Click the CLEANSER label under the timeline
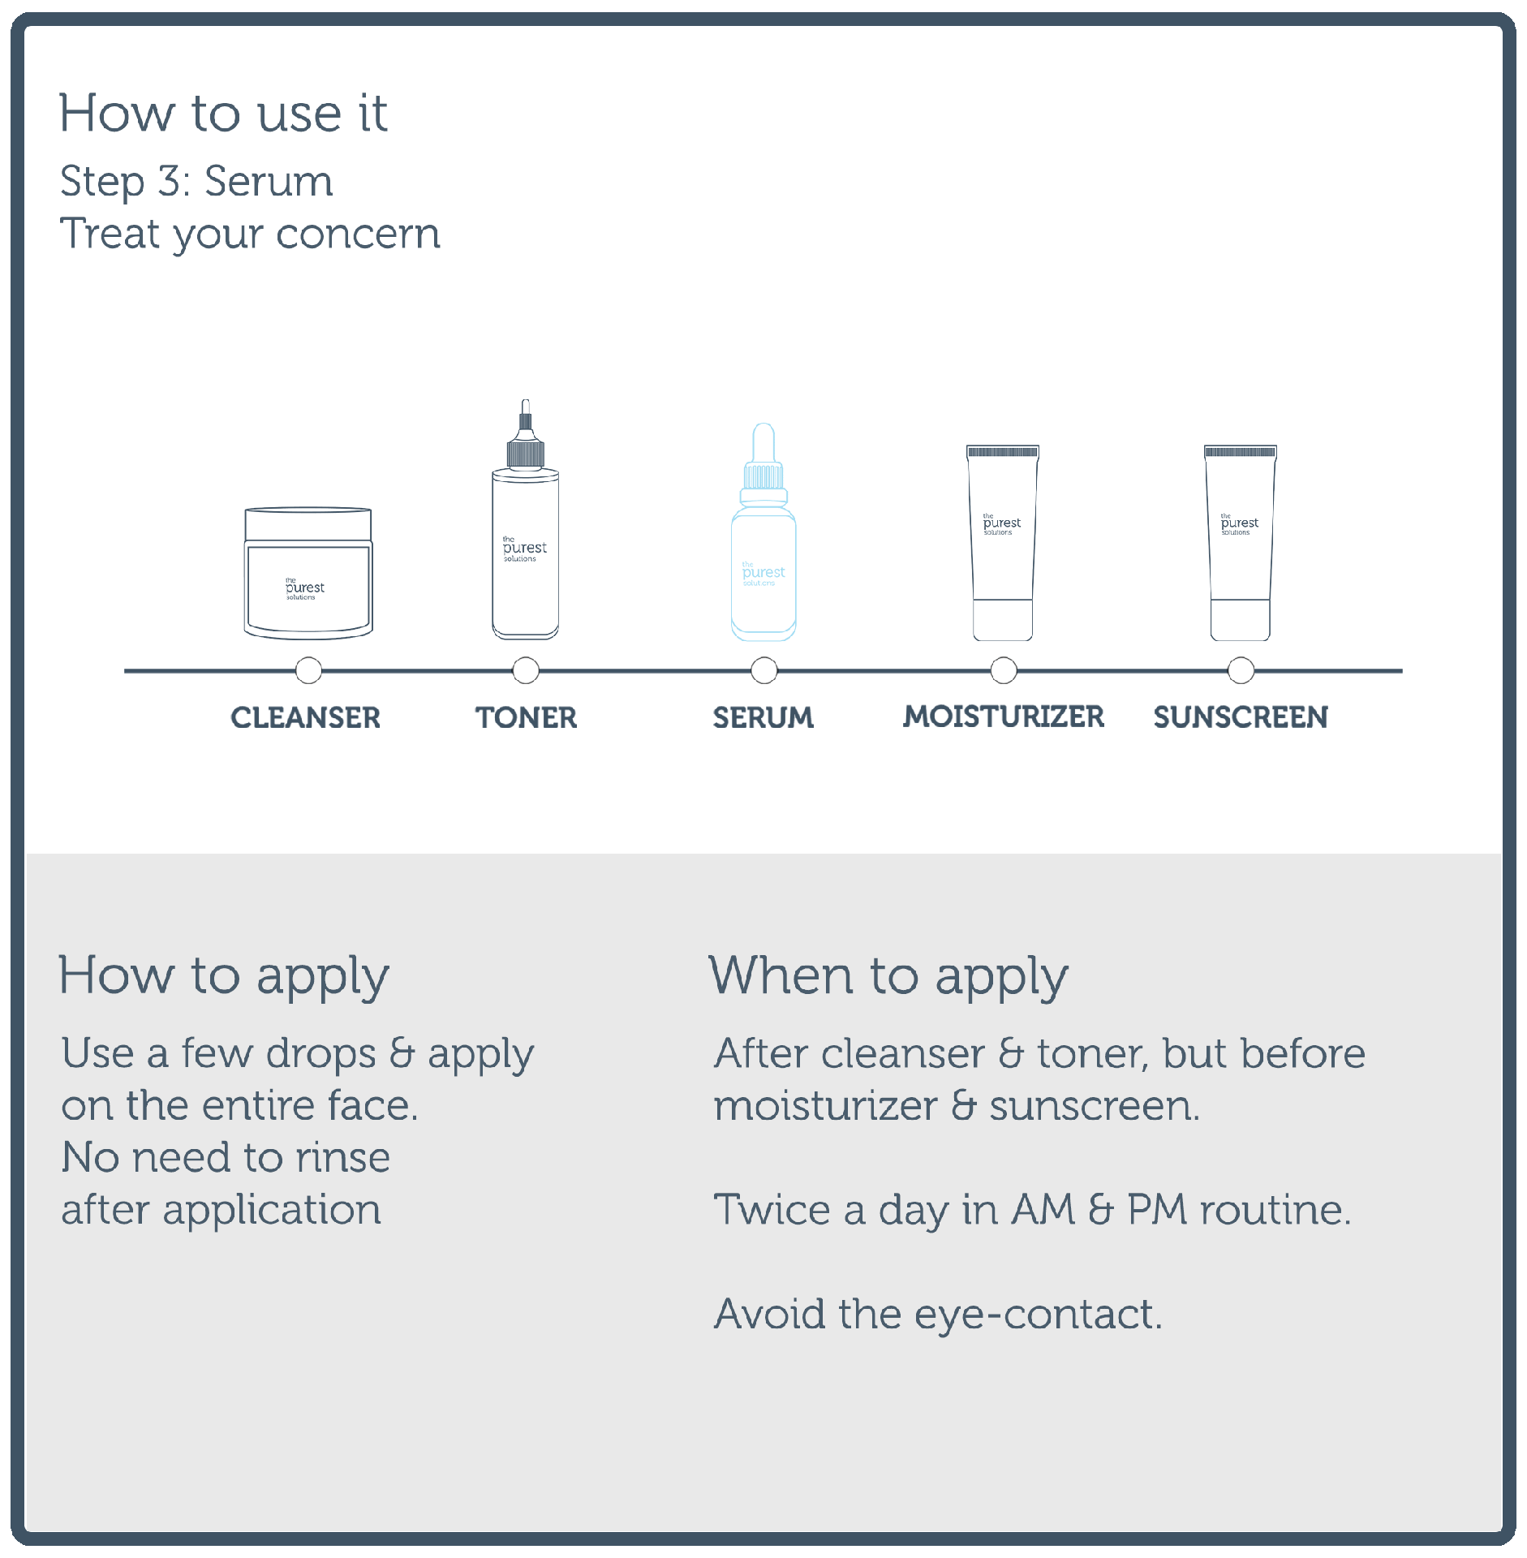tap(305, 717)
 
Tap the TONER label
tap(526, 717)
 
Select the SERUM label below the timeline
tap(763, 717)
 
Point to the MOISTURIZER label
tap(1004, 717)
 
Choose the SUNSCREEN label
tap(1241, 717)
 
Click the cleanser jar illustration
tap(308, 573)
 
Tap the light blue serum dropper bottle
tap(763, 532)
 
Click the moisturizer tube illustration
tap(1003, 542)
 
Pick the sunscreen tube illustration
tap(1241, 542)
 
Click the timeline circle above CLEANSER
tap(308, 670)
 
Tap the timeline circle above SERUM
tap(763, 670)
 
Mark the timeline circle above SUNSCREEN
tap(1241, 670)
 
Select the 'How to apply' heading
tap(224, 976)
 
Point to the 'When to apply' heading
tap(888, 976)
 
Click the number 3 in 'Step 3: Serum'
tap(169, 180)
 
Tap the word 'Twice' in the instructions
tap(772, 1209)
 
